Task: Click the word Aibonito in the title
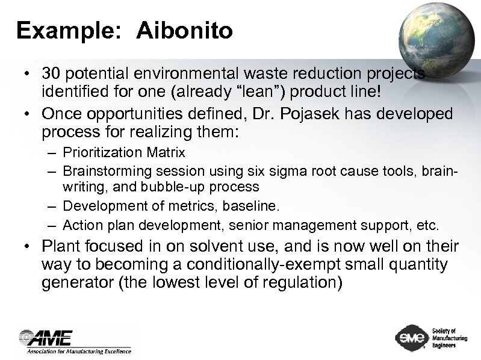(184, 31)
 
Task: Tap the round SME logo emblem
(410, 338)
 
